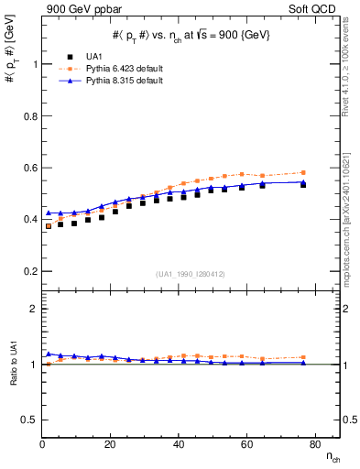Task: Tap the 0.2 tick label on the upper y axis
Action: (x=29, y=271)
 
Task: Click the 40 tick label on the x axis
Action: (x=179, y=444)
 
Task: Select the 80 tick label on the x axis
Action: (x=314, y=444)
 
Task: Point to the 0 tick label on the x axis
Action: (x=43, y=444)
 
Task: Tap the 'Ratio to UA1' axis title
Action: (x=14, y=387)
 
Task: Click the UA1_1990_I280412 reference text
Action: (x=191, y=274)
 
